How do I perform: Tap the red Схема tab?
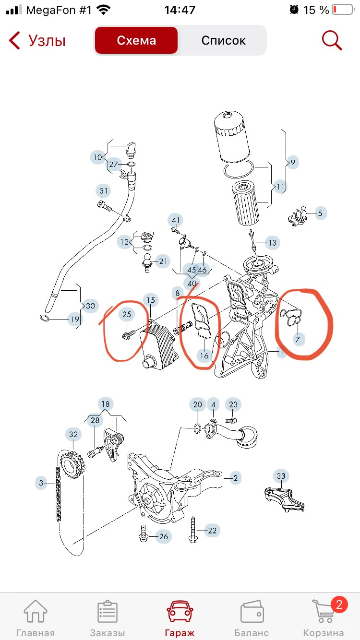coord(136,40)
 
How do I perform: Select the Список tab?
coord(223,40)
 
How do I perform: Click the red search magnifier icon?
coord(332,40)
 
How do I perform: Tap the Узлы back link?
coord(37,40)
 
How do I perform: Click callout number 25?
coord(127,314)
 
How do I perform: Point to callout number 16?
coord(204,356)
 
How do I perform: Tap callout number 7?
coord(298,339)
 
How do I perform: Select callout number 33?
coord(281,476)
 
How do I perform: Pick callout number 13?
coord(272,243)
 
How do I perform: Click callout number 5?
coord(320,213)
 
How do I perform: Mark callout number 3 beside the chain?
coord(41,483)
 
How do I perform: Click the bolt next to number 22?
coord(193,530)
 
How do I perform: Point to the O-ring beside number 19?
coord(45,318)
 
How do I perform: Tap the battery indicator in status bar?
coord(343,10)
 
